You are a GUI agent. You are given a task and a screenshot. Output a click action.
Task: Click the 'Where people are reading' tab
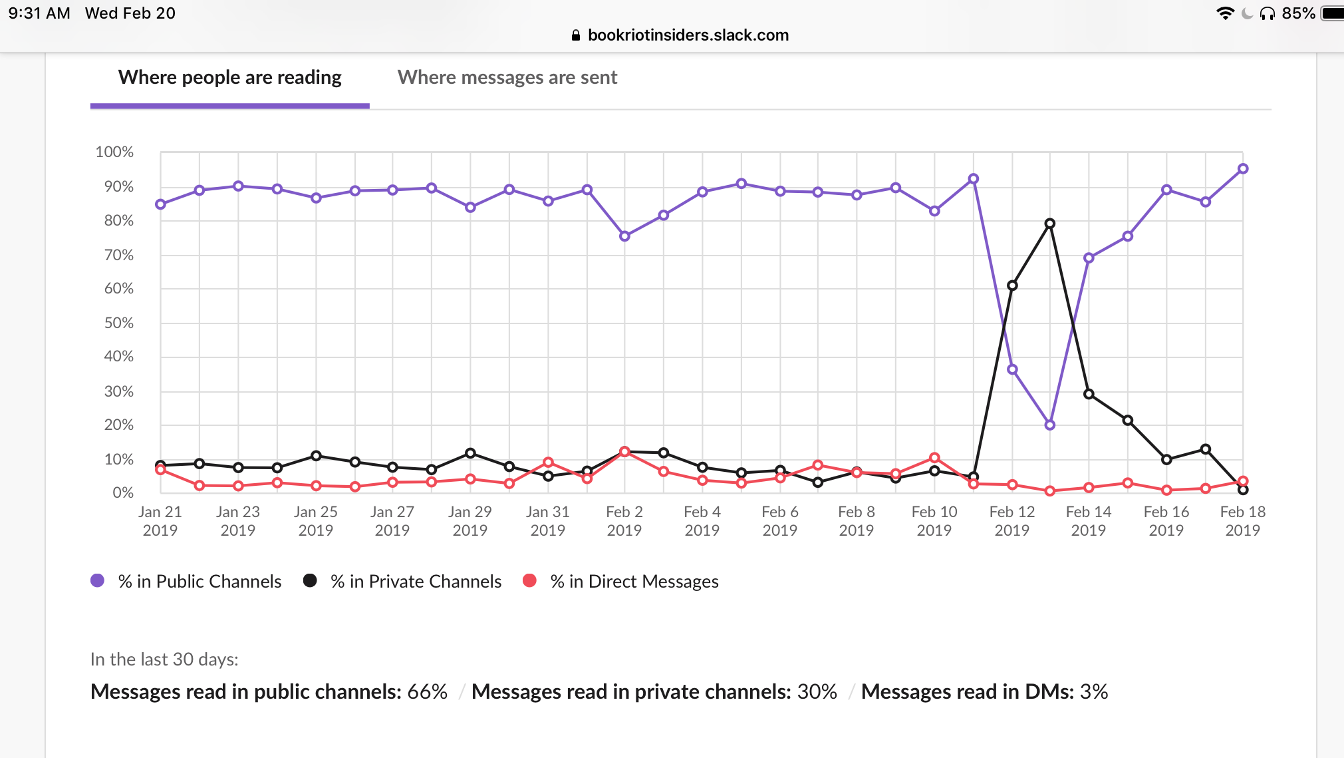(229, 78)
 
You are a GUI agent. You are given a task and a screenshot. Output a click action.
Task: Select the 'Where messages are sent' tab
(507, 78)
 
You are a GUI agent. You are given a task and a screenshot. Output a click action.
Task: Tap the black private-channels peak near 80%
(1049, 224)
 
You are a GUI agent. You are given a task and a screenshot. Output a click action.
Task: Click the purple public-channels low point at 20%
(1049, 425)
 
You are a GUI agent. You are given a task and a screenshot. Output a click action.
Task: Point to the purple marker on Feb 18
(1242, 169)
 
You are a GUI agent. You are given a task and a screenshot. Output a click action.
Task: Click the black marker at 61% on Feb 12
(1012, 285)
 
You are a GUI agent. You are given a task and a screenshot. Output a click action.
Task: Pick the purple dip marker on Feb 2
(624, 236)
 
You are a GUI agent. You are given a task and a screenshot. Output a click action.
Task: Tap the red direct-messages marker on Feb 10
(934, 458)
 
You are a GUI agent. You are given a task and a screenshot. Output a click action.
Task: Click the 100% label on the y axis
(114, 152)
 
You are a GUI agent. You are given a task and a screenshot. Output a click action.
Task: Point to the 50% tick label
(118, 323)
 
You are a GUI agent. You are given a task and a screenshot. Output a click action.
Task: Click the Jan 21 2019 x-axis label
(160, 520)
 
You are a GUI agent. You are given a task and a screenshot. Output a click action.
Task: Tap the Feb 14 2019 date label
(1088, 520)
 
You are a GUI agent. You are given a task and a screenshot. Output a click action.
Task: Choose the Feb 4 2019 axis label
(702, 520)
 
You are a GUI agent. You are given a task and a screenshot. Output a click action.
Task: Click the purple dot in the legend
(97, 580)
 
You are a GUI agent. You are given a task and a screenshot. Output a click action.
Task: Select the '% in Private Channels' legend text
(416, 581)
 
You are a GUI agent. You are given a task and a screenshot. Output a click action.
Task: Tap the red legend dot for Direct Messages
(529, 580)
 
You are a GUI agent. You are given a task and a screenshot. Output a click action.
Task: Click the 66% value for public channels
(427, 691)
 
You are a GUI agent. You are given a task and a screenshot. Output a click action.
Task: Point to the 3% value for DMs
(1094, 691)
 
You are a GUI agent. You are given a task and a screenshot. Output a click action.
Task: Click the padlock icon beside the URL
(576, 35)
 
